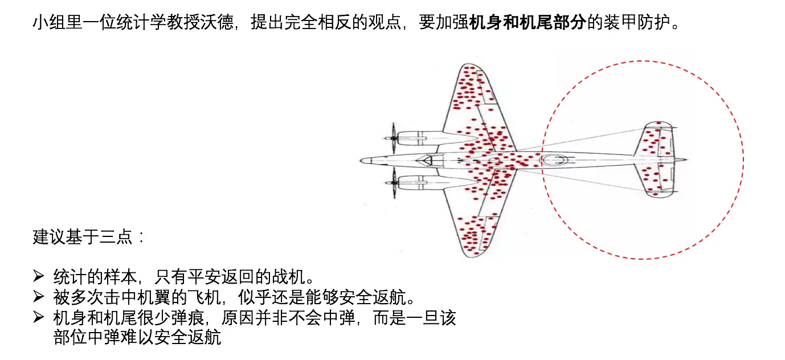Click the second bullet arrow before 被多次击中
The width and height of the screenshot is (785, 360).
pos(39,297)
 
